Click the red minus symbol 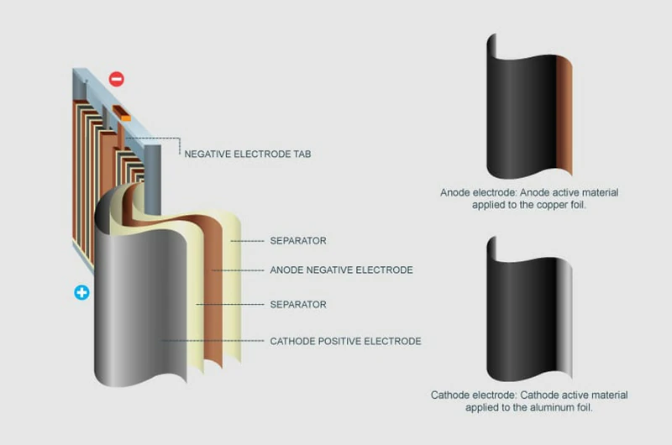pos(116,80)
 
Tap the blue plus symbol pos(81,293)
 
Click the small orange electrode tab pos(125,118)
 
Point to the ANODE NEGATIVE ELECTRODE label pos(341,270)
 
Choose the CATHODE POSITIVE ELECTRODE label pos(345,341)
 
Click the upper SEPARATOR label pos(298,241)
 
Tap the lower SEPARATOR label pos(298,304)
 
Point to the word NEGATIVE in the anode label pos(336,270)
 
